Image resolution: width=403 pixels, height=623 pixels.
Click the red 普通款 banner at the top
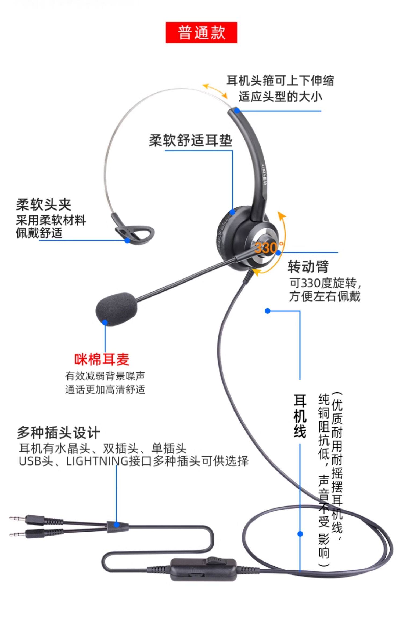click(x=201, y=32)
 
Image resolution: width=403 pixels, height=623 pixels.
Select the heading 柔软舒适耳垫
click(x=190, y=141)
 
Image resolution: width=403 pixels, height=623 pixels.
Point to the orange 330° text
click(x=268, y=247)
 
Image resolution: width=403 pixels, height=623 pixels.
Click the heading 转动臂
click(x=308, y=266)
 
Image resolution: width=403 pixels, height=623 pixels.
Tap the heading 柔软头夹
click(x=44, y=205)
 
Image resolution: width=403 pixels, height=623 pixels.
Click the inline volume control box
click(x=204, y=573)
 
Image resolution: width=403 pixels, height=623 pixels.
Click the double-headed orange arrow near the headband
click(x=215, y=91)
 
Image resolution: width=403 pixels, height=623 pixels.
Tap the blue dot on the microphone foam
click(x=105, y=323)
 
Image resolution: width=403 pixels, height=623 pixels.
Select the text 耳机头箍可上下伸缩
click(x=280, y=80)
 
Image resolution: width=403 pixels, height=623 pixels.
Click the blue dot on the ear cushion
click(x=232, y=212)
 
